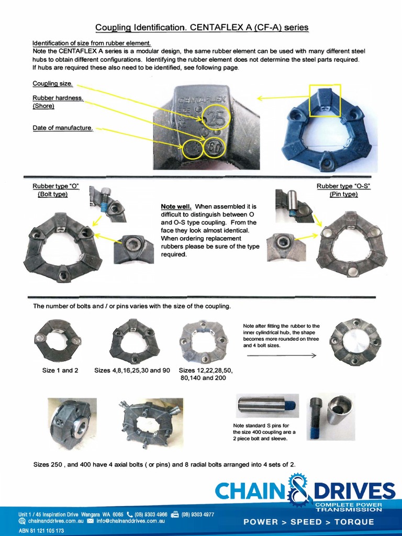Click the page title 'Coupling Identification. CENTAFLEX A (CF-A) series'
tap(201, 27)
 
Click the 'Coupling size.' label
tap(52, 84)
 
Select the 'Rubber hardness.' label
tap(58, 98)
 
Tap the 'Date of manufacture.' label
tap(62, 128)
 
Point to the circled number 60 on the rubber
tap(215, 147)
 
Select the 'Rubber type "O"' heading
tap(56, 186)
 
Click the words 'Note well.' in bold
tap(176, 207)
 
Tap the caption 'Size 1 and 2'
tap(60, 371)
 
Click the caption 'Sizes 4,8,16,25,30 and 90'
tap(132, 371)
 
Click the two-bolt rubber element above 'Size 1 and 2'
tap(58, 340)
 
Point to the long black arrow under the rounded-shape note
tap(281, 355)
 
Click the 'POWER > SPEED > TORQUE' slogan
tap(309, 522)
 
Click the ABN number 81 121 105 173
tap(41, 530)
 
